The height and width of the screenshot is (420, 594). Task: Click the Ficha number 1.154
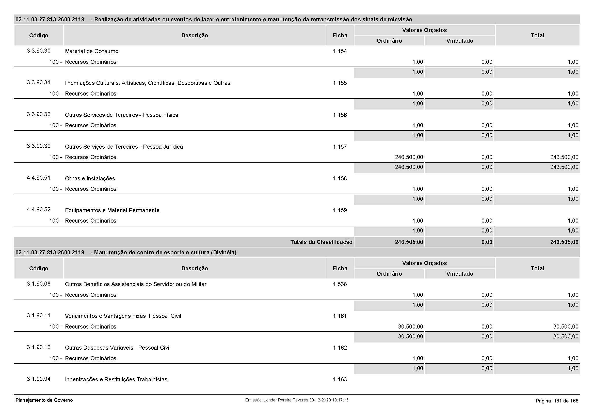[x=340, y=51]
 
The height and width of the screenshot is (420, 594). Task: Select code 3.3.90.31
[x=39, y=83]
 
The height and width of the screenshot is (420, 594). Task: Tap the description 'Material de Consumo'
[x=92, y=51]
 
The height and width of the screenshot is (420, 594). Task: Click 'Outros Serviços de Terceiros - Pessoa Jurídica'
[x=124, y=147]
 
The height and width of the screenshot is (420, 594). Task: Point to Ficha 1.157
[x=340, y=147]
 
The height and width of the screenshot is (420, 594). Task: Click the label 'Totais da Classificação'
[x=321, y=242]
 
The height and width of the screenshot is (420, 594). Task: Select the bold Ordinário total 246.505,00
[x=409, y=242]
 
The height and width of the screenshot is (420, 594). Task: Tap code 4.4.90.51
[x=39, y=178]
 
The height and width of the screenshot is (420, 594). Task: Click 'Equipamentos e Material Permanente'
[x=112, y=210]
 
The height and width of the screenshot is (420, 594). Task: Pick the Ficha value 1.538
[x=340, y=284]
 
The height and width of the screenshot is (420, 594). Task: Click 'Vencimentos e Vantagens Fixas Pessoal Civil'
[x=123, y=316]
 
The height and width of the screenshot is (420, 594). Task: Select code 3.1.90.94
[x=39, y=379]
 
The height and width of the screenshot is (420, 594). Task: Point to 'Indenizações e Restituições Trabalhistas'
[x=116, y=379]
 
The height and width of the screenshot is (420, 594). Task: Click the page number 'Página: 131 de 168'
[x=557, y=401]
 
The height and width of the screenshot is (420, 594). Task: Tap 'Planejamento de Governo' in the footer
[x=44, y=400]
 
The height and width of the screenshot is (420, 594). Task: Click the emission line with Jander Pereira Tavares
[x=296, y=400]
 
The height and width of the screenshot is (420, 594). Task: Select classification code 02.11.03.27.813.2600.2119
[x=50, y=252]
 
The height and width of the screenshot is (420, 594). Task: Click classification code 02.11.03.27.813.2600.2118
[x=50, y=19]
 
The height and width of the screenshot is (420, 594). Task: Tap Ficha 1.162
[x=340, y=348]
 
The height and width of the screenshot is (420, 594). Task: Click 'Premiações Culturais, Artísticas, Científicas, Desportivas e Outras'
[x=148, y=83]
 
